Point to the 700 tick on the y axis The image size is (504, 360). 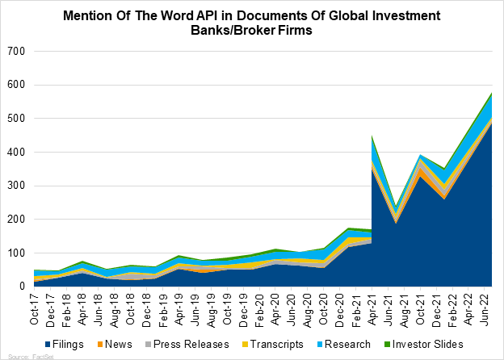pos(17,51)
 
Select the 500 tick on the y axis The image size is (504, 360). pos(17,119)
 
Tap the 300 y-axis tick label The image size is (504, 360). pos(17,186)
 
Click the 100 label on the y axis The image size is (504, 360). pos(17,253)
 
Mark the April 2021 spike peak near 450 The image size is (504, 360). pos(372,136)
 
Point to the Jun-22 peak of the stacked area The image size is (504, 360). pos(491,94)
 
